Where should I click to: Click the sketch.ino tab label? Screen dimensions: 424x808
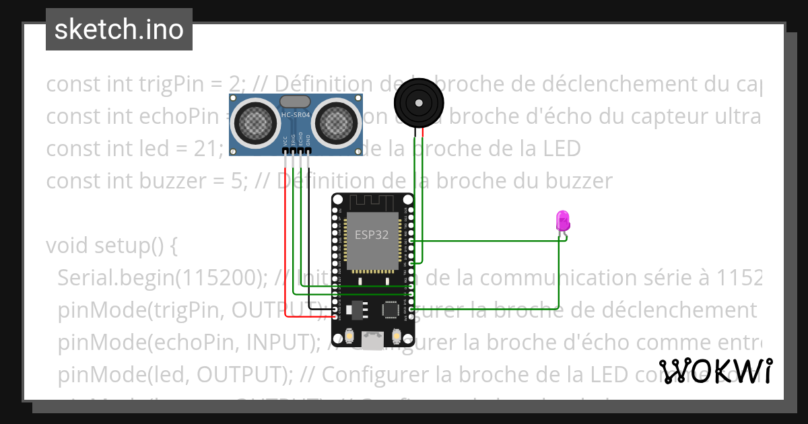point(119,30)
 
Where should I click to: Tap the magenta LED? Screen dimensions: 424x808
point(562,221)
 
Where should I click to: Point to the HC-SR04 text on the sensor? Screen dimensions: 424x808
point(296,116)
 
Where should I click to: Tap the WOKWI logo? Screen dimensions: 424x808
point(715,372)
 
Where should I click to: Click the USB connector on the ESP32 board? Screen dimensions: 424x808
point(372,341)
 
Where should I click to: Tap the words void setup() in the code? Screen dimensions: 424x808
point(111,246)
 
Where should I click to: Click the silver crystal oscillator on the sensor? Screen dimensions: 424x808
point(295,102)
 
